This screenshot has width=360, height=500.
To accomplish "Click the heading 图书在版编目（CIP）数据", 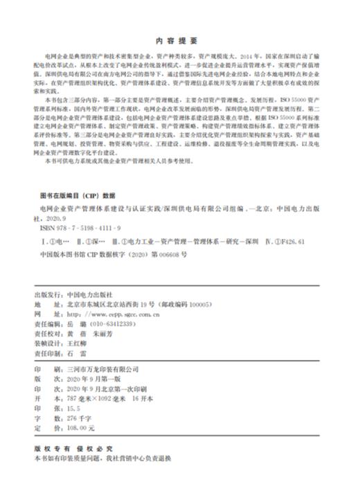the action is pos(78,196).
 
